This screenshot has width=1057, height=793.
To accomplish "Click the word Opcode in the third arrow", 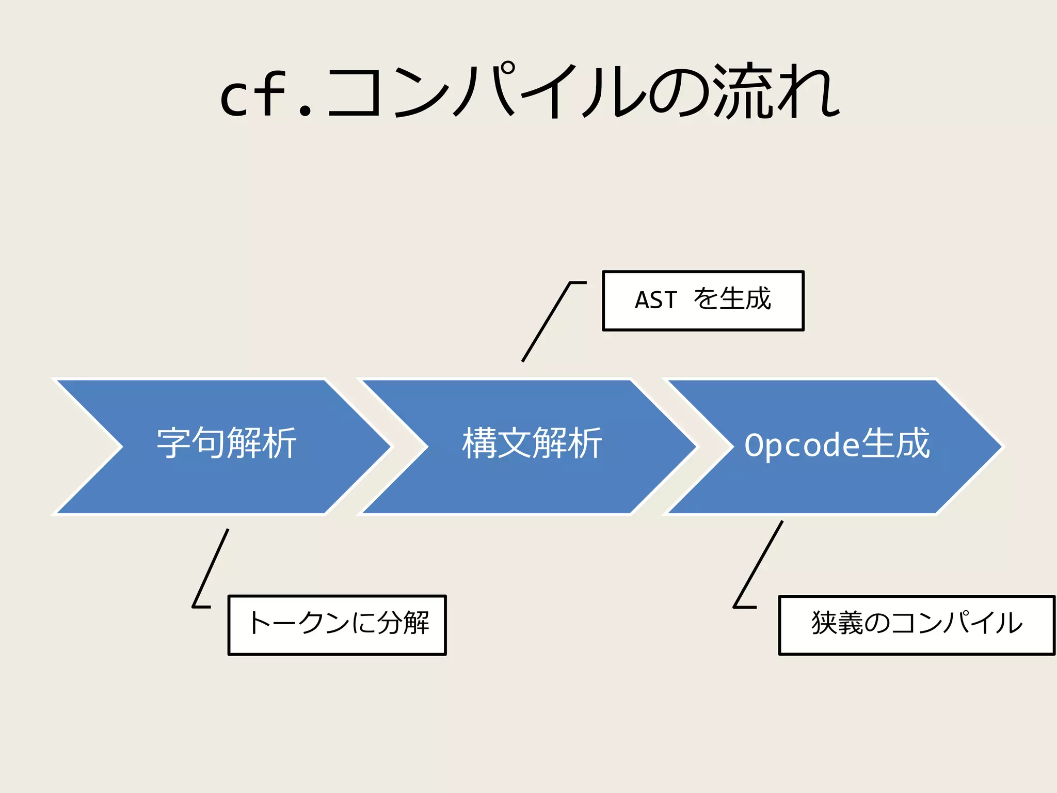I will click(x=802, y=445).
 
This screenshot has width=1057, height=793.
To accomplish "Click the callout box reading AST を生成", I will click(x=703, y=300).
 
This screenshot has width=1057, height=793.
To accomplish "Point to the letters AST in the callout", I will click(x=655, y=300).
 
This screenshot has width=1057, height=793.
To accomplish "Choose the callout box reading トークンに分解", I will click(x=337, y=625).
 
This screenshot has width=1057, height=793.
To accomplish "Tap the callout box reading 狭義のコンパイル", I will click(x=916, y=625).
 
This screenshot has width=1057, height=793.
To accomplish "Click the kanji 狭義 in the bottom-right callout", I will click(x=837, y=623).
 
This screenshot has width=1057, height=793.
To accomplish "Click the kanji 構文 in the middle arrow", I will click(x=497, y=443).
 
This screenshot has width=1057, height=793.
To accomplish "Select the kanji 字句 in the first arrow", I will click(x=191, y=443).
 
